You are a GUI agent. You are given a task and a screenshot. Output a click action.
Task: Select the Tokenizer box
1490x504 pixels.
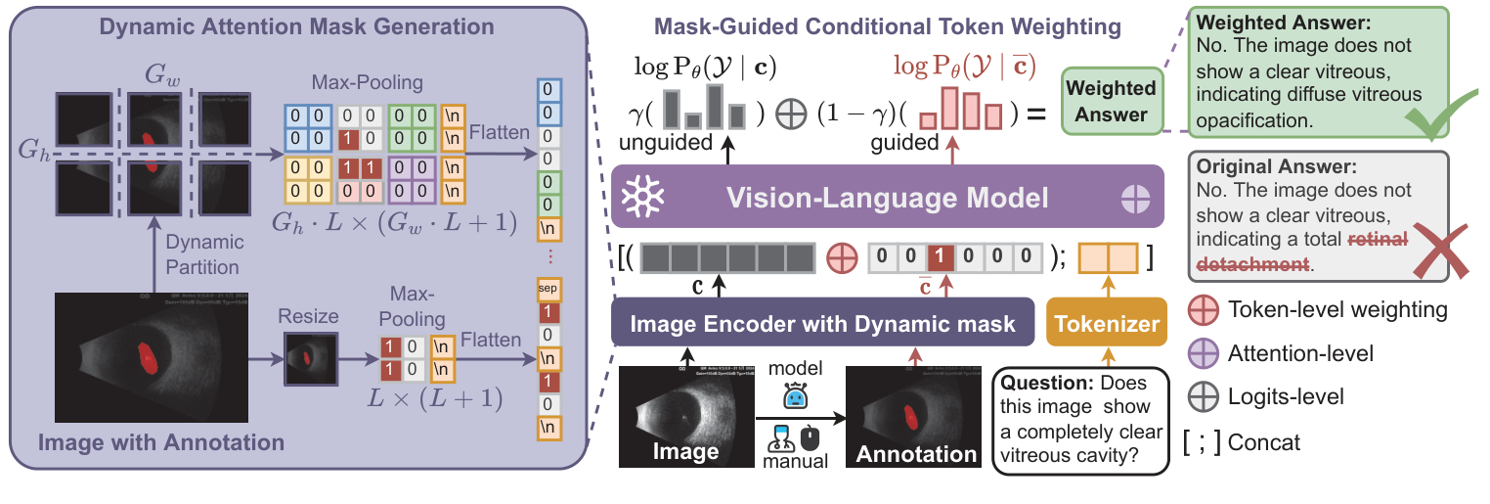[1106, 323]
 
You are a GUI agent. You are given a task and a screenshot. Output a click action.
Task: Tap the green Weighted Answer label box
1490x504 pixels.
[1110, 101]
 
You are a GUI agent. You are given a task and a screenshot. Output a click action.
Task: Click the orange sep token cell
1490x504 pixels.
[548, 290]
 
